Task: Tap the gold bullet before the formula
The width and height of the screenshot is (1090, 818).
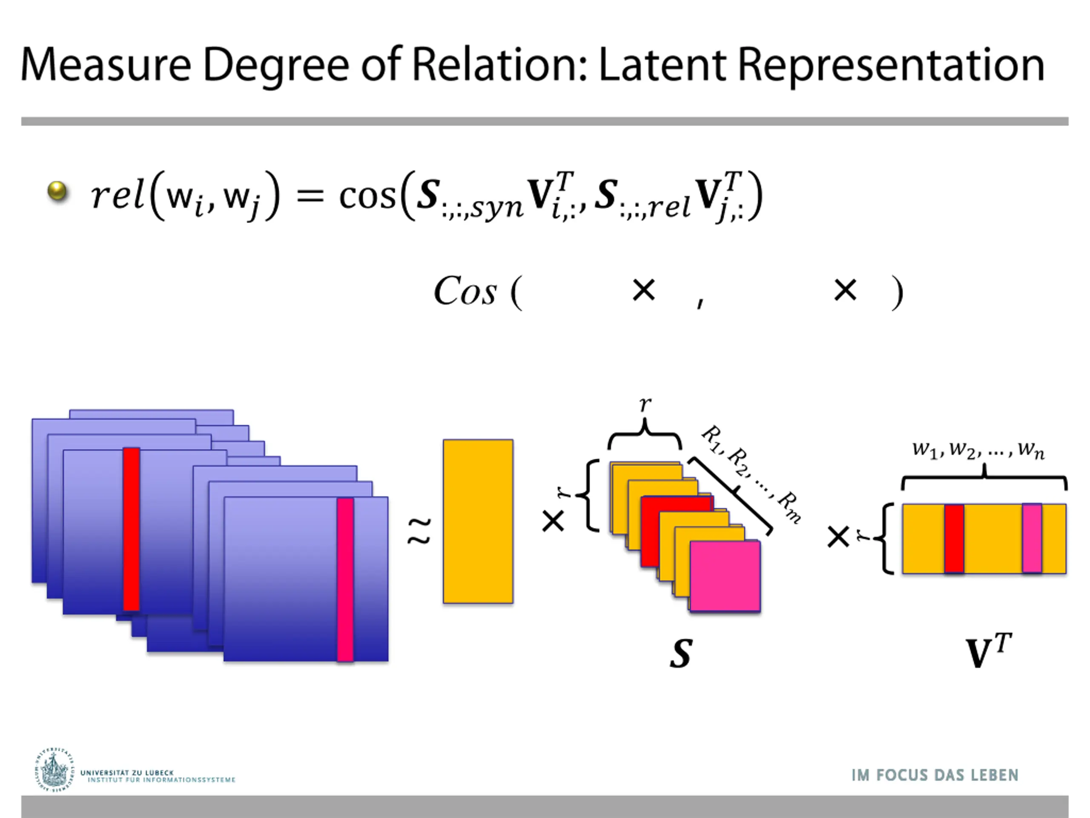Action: click(57, 191)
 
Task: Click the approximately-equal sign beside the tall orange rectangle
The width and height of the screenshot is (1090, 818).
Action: click(419, 530)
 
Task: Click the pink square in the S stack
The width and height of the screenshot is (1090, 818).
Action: click(725, 576)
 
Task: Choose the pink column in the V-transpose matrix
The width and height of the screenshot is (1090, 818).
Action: click(1032, 538)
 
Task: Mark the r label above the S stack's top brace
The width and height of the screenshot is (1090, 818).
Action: click(645, 405)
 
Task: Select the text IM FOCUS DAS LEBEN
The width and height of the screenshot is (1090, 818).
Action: click(934, 775)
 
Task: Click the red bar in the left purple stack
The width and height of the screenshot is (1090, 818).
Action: click(131, 529)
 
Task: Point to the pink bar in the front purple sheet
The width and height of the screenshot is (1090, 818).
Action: click(345, 579)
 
